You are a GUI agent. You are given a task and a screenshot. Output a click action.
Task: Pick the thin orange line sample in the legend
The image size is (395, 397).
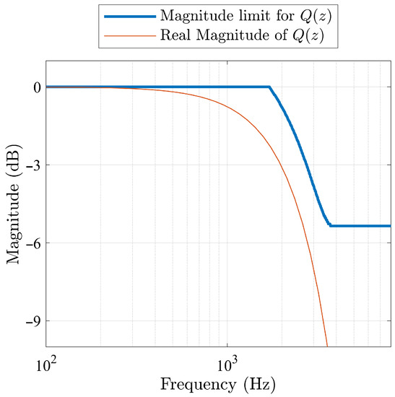[x=129, y=35]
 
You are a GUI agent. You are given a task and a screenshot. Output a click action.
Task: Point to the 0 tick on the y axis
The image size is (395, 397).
[x=34, y=87]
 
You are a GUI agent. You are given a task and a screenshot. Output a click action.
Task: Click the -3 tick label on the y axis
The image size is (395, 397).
[x=31, y=165]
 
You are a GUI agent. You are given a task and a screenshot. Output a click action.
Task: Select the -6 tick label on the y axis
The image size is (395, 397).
[x=31, y=243]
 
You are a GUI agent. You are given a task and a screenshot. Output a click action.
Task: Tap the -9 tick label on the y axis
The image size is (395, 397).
[x=31, y=321]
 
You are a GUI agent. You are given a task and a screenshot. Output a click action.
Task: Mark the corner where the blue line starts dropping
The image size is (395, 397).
[x=270, y=87]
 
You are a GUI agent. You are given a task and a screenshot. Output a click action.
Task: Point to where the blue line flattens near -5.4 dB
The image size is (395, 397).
[x=330, y=226]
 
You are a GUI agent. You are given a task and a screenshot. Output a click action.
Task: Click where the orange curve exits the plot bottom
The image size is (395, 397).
[x=327, y=346]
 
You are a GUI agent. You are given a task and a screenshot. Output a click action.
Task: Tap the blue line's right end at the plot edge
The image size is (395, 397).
[x=390, y=226]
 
